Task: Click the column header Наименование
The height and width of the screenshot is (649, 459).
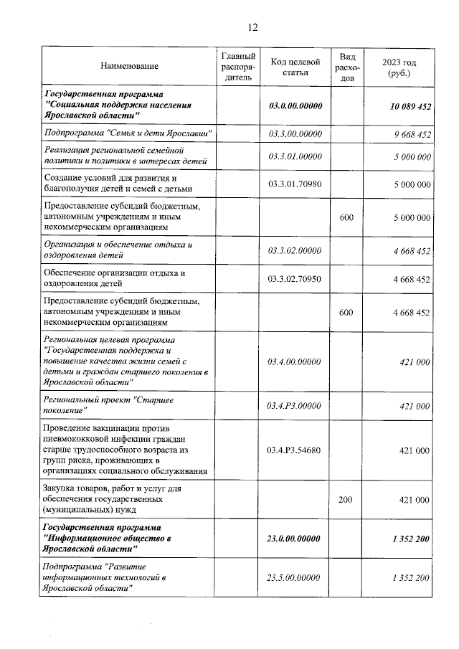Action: [129, 67]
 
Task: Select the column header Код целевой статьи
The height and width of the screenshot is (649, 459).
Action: [295, 67]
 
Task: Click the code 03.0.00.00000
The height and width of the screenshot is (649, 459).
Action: [295, 106]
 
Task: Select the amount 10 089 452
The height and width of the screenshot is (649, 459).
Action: [410, 106]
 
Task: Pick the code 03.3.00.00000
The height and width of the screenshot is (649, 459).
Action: [295, 134]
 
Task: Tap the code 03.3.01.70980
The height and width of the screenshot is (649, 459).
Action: [295, 184]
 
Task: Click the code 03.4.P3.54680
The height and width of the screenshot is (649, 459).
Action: [295, 450]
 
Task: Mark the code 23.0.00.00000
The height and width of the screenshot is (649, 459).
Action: [295, 539]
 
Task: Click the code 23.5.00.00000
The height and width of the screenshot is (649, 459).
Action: [295, 577]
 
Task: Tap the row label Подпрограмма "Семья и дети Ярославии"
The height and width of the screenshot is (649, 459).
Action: [128, 134]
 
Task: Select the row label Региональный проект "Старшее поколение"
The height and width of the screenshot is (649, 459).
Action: [115, 405]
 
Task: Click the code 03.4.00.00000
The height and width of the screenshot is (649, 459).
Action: [295, 362]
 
